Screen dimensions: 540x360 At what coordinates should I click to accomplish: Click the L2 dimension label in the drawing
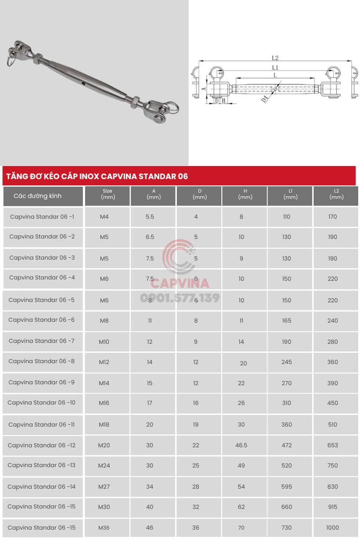click(275, 58)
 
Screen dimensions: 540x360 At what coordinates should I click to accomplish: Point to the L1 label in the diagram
click(275, 67)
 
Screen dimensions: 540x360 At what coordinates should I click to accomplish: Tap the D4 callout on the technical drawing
click(265, 99)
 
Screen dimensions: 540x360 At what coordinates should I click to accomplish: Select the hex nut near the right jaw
click(134, 102)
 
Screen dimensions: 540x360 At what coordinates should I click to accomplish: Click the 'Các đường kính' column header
click(38, 196)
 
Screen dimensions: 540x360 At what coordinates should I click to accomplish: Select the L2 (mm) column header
click(336, 194)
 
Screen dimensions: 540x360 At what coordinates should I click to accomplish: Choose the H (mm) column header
click(245, 194)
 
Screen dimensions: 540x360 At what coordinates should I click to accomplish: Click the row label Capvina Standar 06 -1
click(42, 216)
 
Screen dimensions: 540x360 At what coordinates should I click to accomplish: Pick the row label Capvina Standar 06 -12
click(41, 445)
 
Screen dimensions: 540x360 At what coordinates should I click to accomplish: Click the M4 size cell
click(104, 217)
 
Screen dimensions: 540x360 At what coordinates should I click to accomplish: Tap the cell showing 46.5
click(242, 445)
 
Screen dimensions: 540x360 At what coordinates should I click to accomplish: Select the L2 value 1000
click(333, 527)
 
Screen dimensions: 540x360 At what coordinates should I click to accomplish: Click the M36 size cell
click(104, 527)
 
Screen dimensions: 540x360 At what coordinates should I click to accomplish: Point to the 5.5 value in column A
click(150, 217)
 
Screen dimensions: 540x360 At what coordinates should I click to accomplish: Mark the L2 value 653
click(333, 445)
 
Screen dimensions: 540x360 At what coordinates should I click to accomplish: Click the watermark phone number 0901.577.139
click(180, 297)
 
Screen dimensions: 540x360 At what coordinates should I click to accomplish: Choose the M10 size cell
click(104, 342)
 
